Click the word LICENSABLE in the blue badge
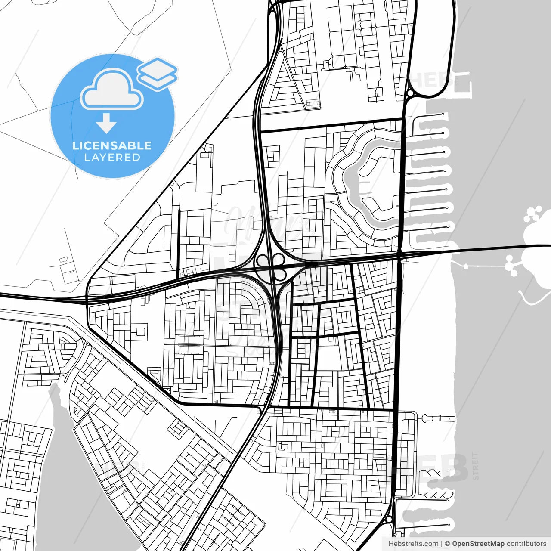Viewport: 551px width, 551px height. point(112,145)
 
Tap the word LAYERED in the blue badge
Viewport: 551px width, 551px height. point(112,158)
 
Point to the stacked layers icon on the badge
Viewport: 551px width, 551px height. point(158,74)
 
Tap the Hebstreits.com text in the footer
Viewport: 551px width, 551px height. point(413,544)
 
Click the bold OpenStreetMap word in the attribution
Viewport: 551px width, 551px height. point(478,544)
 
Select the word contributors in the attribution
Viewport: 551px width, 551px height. point(526,544)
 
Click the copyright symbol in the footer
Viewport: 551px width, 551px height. point(447,544)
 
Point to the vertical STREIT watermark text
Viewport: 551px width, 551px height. point(475,466)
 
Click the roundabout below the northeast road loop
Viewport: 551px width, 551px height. point(410,93)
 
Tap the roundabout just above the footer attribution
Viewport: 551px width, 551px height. point(389,520)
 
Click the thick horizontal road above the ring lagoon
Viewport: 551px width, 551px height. point(331,125)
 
